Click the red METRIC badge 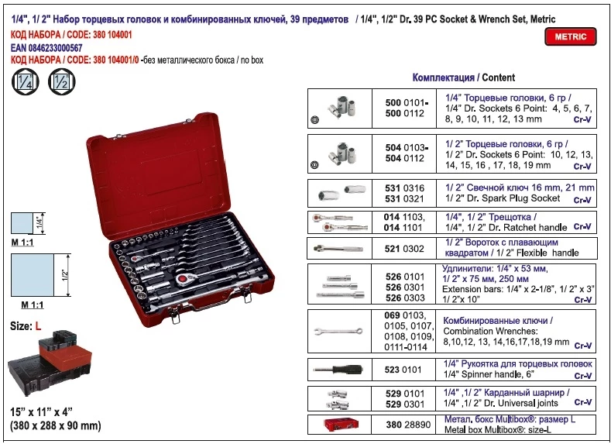click(571, 36)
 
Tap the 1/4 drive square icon click(26, 82)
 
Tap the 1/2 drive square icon click(62, 82)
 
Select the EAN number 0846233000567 click(55, 48)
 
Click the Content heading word click(499, 77)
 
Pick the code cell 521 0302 click(404, 249)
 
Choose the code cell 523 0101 click(403, 370)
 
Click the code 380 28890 click(408, 425)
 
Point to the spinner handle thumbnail click(338, 369)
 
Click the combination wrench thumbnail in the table click(338, 332)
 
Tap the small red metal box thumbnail click(341, 425)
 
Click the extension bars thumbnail click(340, 287)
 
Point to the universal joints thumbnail click(338, 399)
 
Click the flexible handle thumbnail click(338, 248)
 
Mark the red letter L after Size click(38, 326)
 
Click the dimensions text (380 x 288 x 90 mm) click(55, 425)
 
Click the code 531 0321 click(404, 199)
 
